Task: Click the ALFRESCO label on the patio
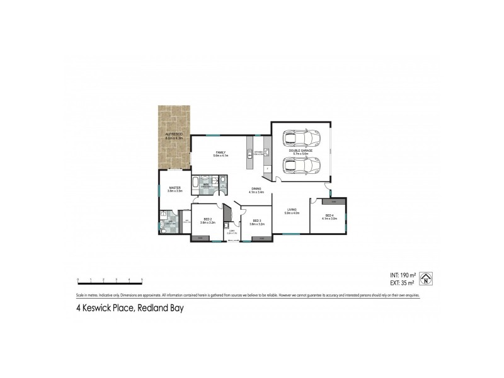[173, 134]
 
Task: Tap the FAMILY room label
[220, 152]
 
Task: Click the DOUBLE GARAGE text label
[301, 151]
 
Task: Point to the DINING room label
[256, 188]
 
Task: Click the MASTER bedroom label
[175, 188]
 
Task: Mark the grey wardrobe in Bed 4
[333, 202]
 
